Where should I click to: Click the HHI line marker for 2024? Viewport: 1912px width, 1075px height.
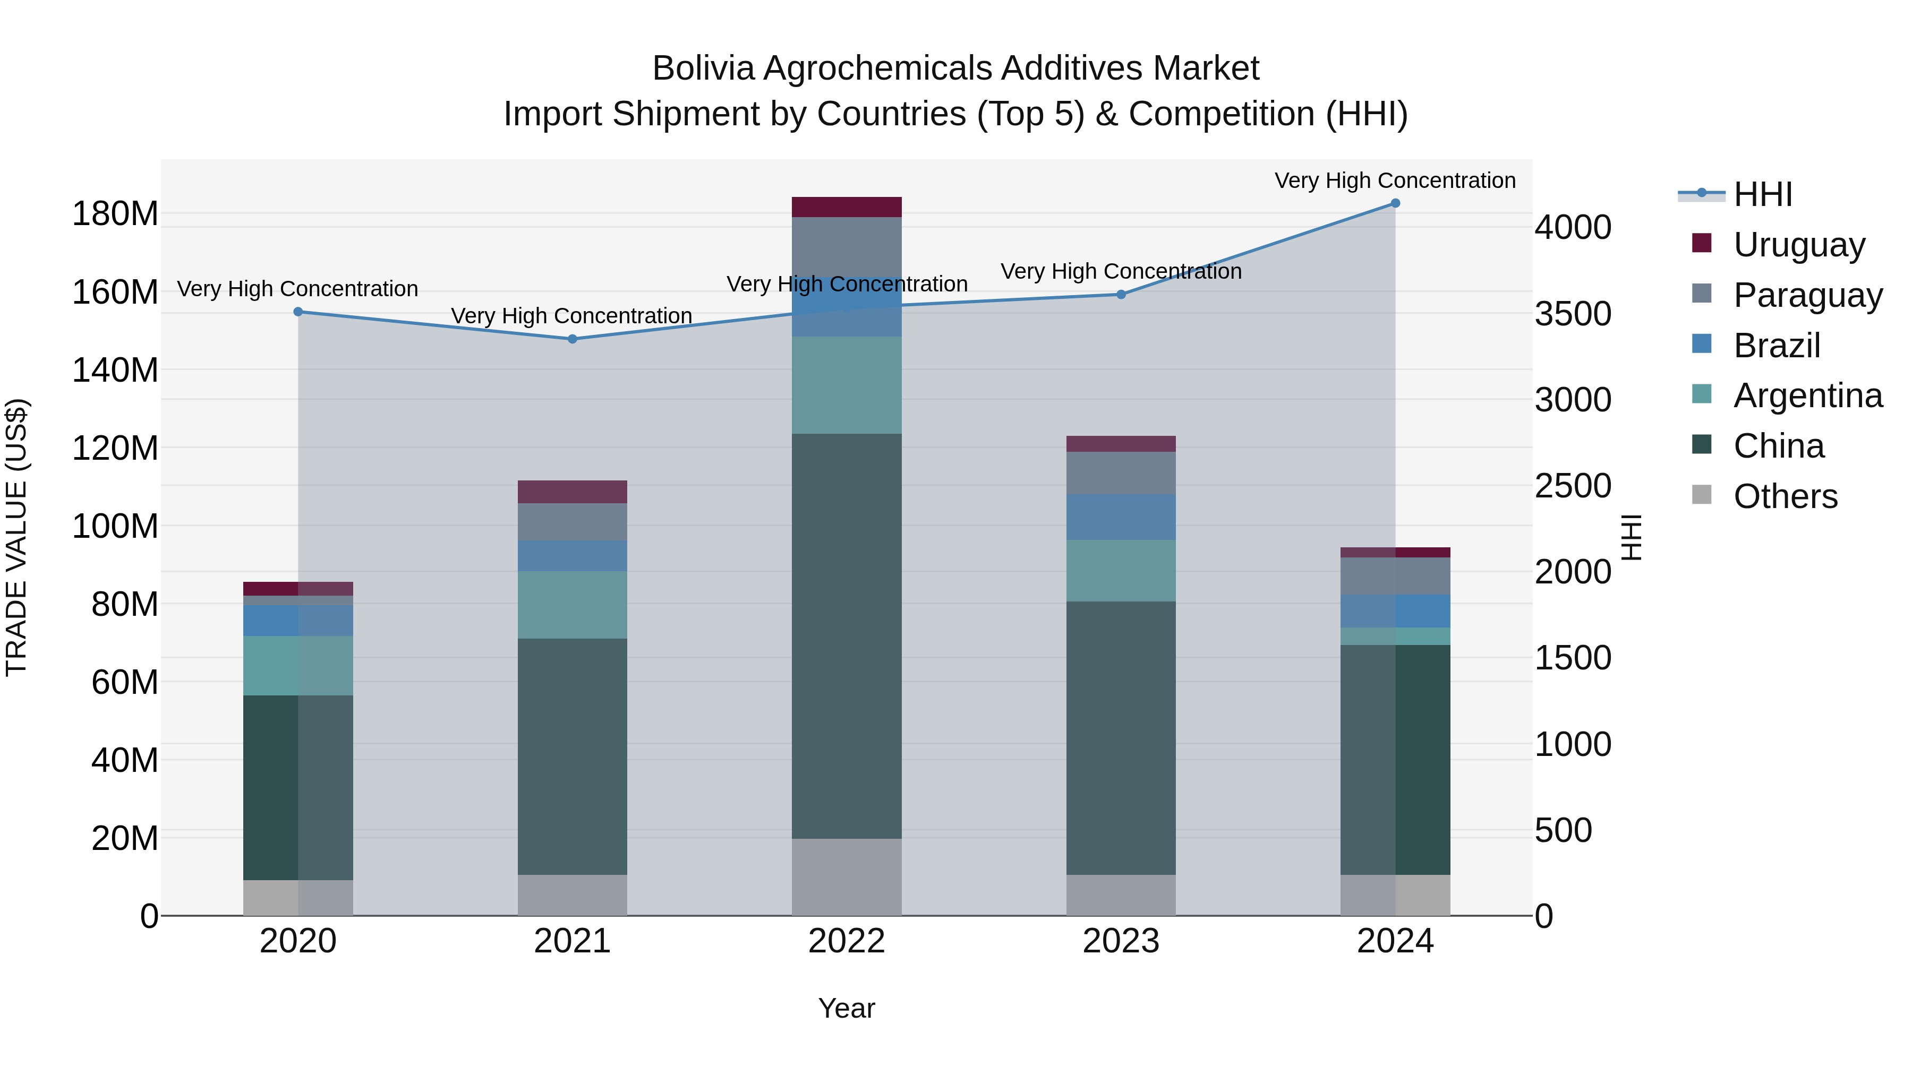[x=1395, y=203]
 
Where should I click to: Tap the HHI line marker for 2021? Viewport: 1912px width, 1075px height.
[x=572, y=339]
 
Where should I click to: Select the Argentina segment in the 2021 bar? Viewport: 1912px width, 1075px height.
[x=572, y=605]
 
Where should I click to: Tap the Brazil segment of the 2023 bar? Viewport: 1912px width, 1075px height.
[x=1121, y=517]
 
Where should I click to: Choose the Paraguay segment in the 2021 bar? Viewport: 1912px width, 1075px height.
[x=572, y=521]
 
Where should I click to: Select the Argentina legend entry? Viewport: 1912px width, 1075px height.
[x=1807, y=395]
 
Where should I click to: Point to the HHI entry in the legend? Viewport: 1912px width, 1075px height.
[x=1762, y=194]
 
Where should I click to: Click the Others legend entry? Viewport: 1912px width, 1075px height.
[x=1785, y=496]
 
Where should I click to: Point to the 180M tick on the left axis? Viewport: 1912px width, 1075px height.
[x=115, y=213]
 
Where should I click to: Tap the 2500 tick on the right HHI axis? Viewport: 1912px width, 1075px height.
[x=1573, y=486]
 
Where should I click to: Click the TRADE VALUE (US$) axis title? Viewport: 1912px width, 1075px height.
[x=16, y=537]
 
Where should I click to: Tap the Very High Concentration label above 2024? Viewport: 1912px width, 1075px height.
[x=1395, y=180]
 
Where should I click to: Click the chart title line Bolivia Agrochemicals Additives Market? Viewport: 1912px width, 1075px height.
[x=955, y=68]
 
